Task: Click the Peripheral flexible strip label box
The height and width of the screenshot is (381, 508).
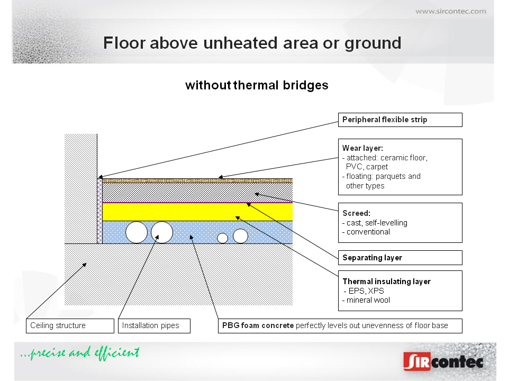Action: (400, 120)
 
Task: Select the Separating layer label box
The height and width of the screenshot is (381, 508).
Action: (400, 258)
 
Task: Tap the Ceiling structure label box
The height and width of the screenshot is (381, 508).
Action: (70, 325)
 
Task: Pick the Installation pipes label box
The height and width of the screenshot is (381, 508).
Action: (154, 325)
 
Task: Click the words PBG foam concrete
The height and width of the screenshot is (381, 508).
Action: (258, 325)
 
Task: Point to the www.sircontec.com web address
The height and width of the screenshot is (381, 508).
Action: (451, 11)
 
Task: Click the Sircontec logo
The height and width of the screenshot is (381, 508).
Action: (443, 361)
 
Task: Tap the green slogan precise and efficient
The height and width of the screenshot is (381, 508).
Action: (80, 353)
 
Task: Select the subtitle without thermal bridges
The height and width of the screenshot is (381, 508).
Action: (257, 85)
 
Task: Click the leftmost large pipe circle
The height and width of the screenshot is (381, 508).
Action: (137, 232)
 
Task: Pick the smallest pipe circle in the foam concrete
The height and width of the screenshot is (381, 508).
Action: (222, 238)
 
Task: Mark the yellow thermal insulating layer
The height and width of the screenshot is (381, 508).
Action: (197, 212)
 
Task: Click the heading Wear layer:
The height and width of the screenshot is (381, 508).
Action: (362, 148)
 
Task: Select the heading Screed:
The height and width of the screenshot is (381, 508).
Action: (356, 213)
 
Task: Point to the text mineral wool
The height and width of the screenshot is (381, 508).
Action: (368, 301)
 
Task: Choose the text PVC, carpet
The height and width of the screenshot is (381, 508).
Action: (367, 167)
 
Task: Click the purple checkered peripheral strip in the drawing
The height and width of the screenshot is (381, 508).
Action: (100, 211)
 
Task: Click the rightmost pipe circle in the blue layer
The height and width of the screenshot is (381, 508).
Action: (240, 236)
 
